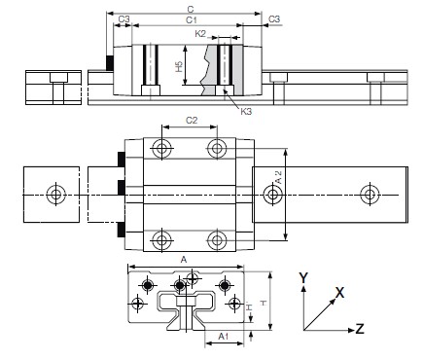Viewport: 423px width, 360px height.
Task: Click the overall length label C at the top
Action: [189, 9]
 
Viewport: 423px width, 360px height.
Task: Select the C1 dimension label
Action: [191, 19]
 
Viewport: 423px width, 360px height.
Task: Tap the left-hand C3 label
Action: [123, 19]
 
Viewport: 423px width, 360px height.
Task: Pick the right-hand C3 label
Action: [274, 19]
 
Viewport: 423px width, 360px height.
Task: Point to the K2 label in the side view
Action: [200, 32]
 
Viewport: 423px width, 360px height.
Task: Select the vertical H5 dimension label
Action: [178, 67]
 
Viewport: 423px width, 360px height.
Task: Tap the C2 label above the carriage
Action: [192, 122]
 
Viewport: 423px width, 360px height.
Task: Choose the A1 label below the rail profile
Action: [223, 336]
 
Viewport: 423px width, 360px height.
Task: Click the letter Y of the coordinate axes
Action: [303, 277]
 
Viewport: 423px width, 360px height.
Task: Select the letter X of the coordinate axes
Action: [338, 291]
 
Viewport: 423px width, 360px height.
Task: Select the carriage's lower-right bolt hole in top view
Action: [216, 238]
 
